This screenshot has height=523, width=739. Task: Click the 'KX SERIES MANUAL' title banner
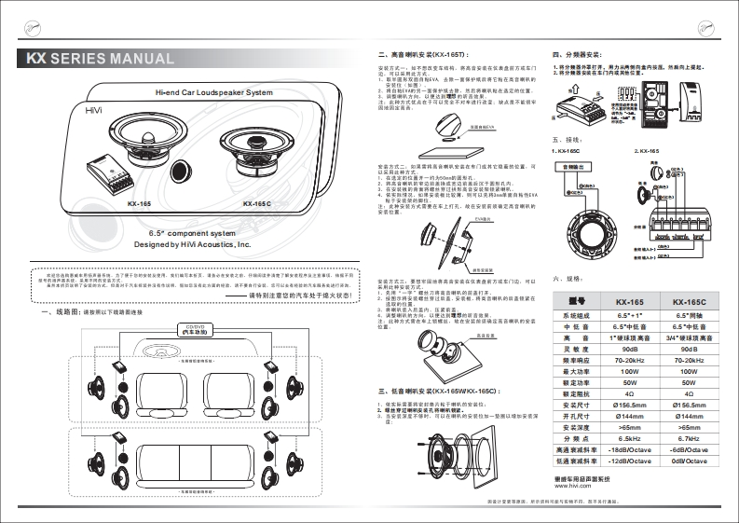[101, 60]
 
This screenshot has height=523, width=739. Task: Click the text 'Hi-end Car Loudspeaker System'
[213, 93]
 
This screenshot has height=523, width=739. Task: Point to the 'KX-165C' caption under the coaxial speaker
[257, 204]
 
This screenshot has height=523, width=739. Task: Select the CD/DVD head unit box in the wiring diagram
[196, 329]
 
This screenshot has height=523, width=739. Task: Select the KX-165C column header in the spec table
[691, 302]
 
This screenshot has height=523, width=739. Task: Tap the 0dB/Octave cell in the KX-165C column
[691, 461]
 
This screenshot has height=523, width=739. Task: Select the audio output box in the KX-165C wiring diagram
[576, 167]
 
